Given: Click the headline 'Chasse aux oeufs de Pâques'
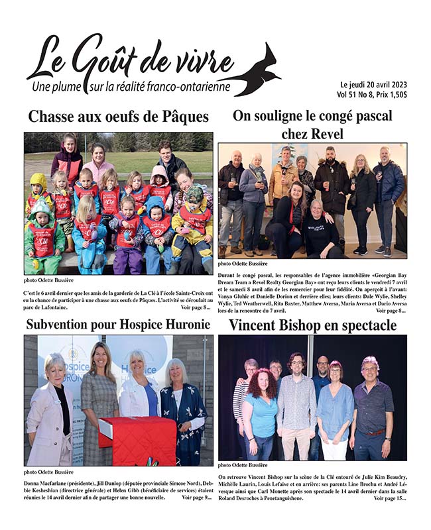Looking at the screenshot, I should [x=118, y=117].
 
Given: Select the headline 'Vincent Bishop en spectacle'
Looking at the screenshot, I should [x=312, y=325].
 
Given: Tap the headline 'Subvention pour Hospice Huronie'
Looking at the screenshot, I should [x=118, y=325].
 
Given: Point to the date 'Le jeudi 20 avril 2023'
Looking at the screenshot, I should [x=373, y=85].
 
